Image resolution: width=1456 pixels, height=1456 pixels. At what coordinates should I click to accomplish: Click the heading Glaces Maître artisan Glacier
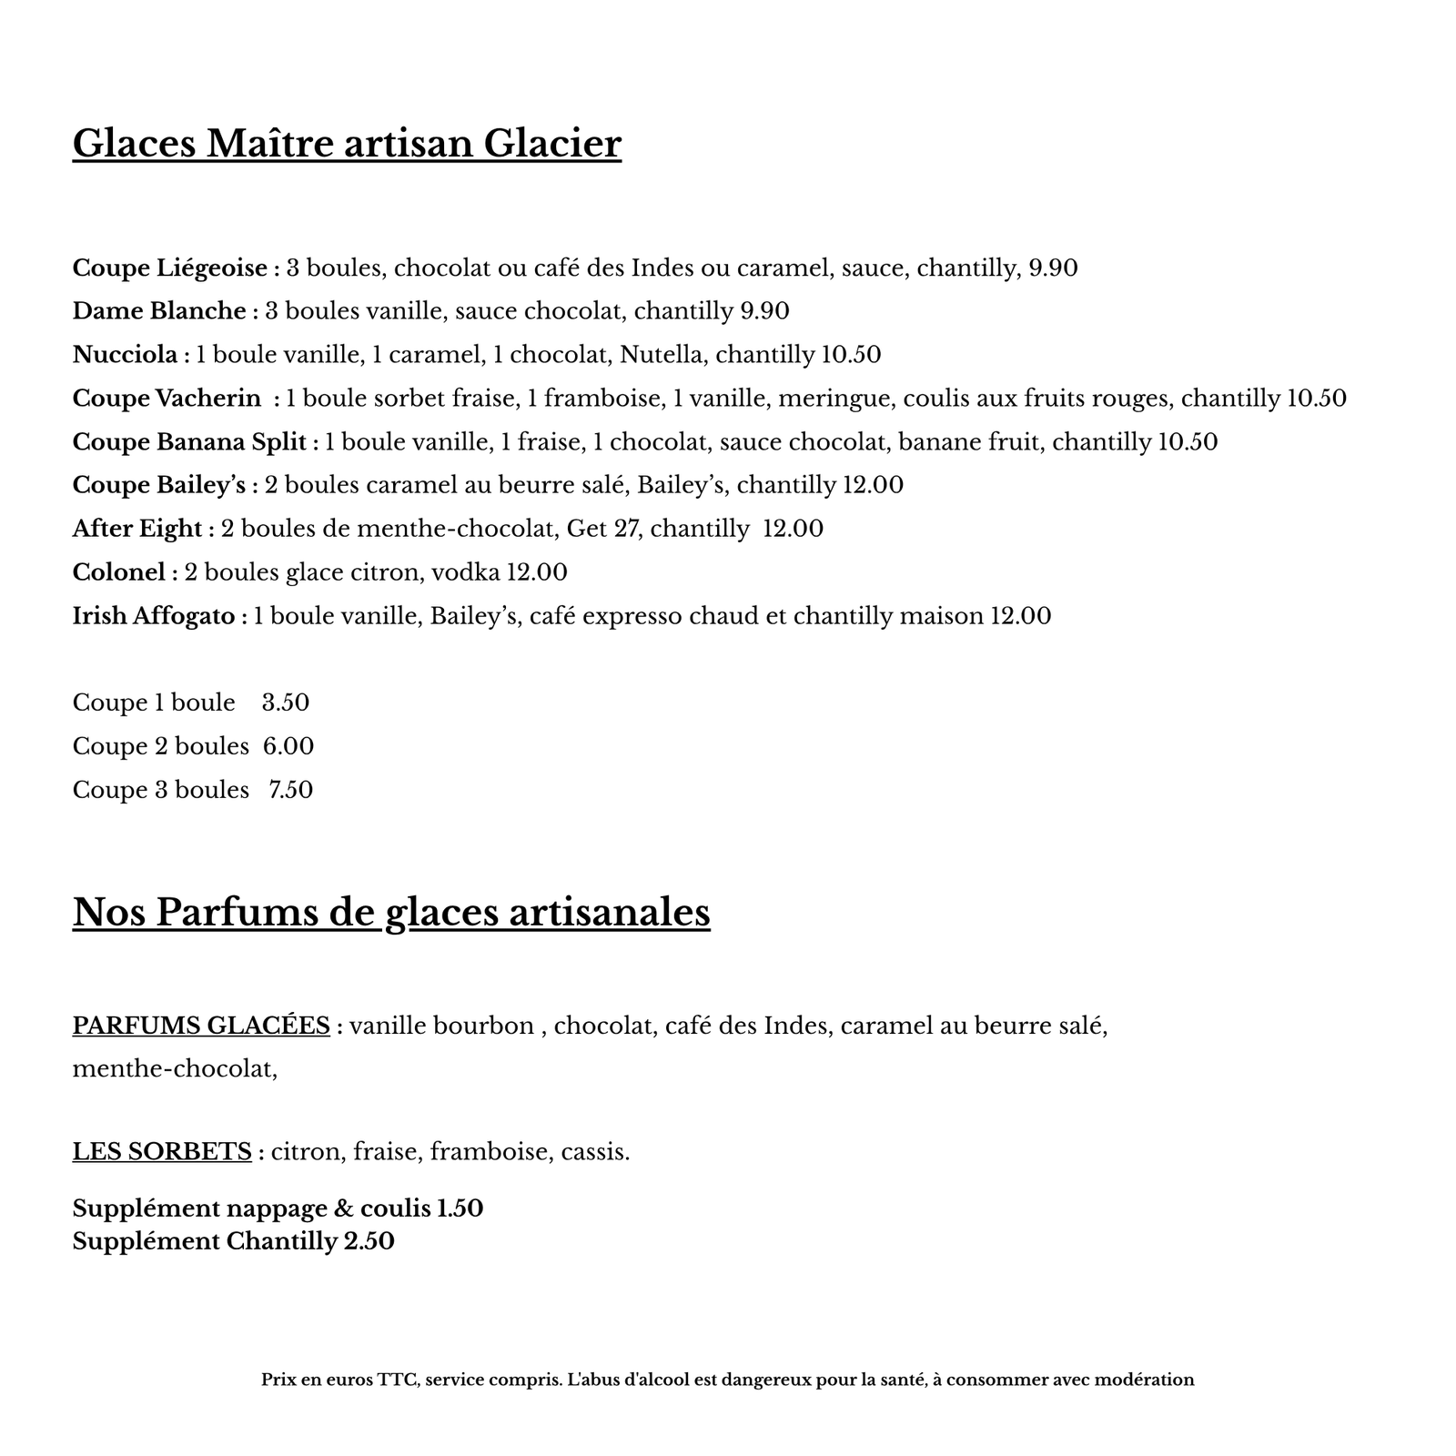pyautogui.click(x=347, y=144)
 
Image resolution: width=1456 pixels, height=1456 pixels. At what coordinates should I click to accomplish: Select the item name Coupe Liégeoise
pyautogui.click(x=170, y=268)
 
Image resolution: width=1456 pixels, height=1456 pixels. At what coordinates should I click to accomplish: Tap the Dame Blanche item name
pyautogui.click(x=159, y=311)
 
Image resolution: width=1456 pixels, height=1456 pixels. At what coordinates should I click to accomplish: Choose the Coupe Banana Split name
pyautogui.click(x=189, y=442)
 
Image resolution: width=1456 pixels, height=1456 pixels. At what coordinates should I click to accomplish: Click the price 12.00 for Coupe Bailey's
pyautogui.click(x=873, y=485)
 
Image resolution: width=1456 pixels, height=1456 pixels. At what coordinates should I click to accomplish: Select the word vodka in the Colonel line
pyautogui.click(x=465, y=572)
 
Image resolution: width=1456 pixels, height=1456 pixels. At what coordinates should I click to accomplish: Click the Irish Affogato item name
pyautogui.click(x=154, y=616)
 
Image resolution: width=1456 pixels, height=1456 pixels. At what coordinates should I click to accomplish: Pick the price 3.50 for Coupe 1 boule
pyautogui.click(x=286, y=703)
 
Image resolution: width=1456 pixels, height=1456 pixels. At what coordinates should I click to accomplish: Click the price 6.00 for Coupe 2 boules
pyautogui.click(x=288, y=746)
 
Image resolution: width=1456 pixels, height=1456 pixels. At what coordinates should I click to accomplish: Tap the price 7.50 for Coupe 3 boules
pyautogui.click(x=290, y=790)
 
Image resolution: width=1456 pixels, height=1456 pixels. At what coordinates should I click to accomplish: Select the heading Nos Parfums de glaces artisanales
pyautogui.click(x=391, y=912)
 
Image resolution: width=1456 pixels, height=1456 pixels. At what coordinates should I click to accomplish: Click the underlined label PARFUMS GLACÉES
pyautogui.click(x=201, y=1026)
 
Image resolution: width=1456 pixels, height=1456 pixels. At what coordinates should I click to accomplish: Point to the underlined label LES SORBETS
pyautogui.click(x=162, y=1152)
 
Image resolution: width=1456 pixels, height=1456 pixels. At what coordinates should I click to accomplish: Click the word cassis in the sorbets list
pyautogui.click(x=595, y=1152)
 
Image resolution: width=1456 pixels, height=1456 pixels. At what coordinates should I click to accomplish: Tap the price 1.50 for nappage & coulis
pyautogui.click(x=460, y=1208)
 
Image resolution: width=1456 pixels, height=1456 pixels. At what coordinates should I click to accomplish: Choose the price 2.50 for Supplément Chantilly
pyautogui.click(x=369, y=1241)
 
